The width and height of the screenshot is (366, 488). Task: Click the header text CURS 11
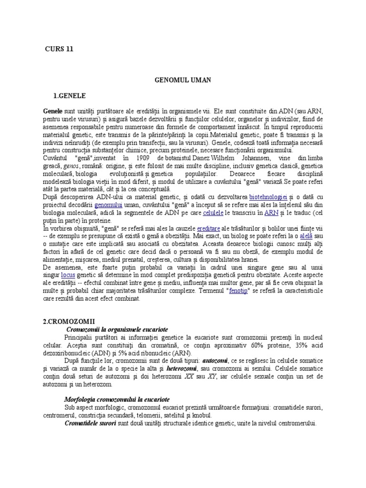[x=59, y=49]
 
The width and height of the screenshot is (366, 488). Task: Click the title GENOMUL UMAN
[x=183, y=81]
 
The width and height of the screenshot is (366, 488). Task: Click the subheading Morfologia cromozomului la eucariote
[x=117, y=399]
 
